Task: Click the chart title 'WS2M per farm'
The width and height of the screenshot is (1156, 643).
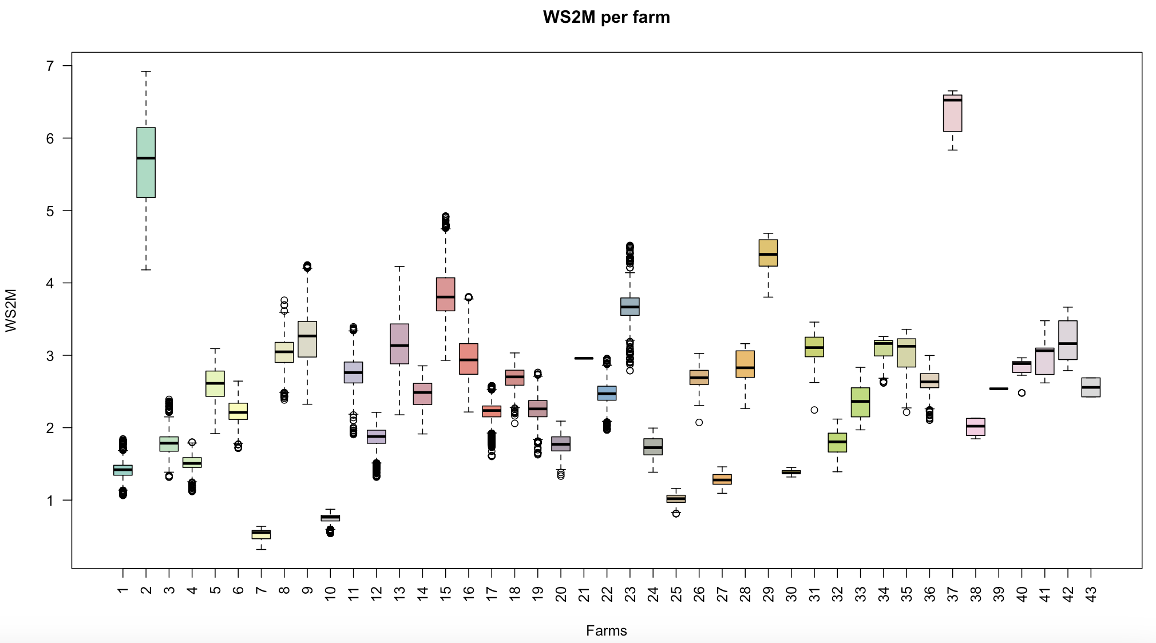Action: [606, 17]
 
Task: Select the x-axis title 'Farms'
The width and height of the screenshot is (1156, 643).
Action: [606, 630]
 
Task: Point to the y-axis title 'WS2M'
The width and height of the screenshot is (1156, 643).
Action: [11, 310]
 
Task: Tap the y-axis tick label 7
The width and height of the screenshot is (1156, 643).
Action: [50, 66]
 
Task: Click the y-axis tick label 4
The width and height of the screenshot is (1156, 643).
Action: [50, 283]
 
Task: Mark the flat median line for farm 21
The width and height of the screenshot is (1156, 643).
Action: [584, 358]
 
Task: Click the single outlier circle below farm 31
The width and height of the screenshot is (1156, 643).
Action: [814, 410]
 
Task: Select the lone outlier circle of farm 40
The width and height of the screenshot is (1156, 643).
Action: [1022, 393]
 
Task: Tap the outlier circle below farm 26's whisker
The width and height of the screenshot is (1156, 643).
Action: [699, 422]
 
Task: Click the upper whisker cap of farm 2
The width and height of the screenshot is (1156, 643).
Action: [146, 72]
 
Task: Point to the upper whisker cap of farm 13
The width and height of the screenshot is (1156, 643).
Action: [399, 266]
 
